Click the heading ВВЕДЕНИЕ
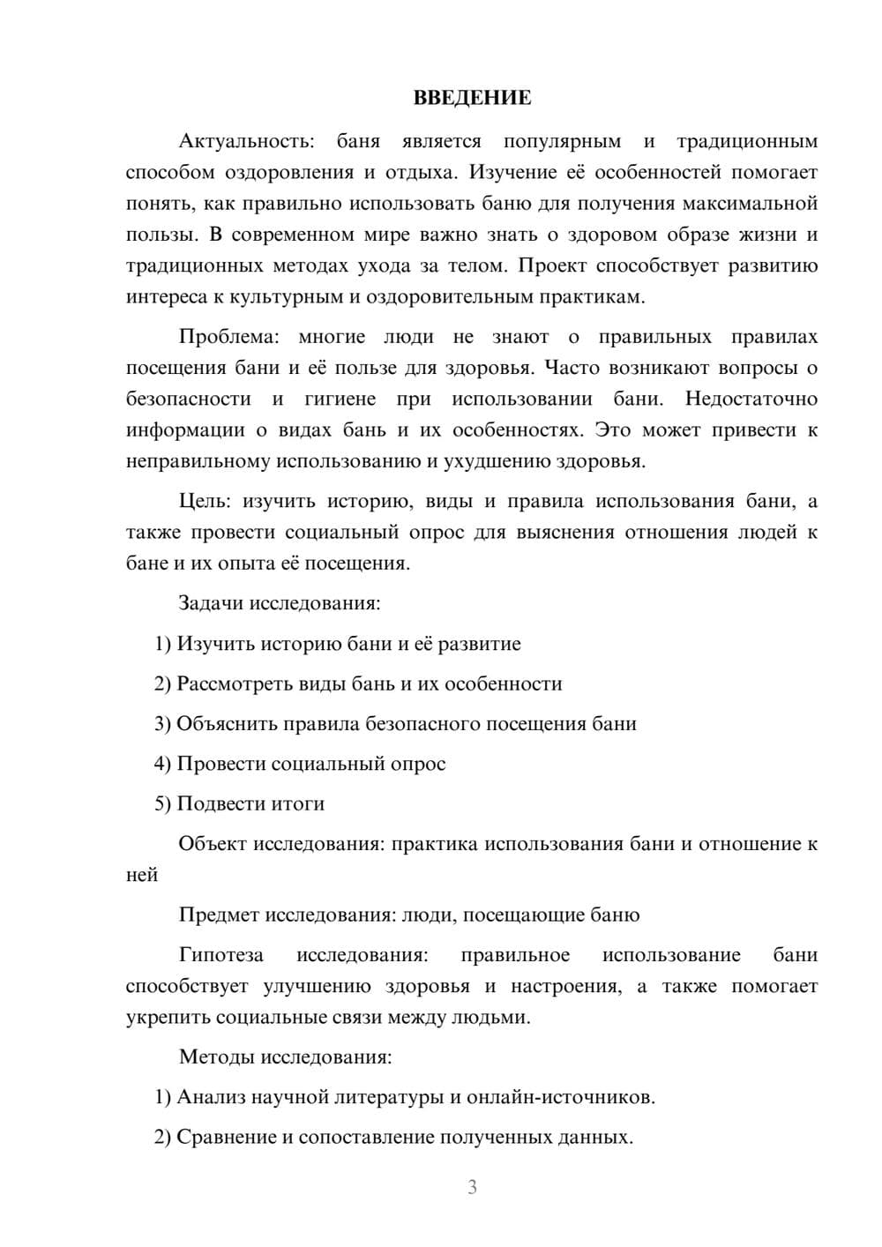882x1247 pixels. pyautogui.click(x=472, y=98)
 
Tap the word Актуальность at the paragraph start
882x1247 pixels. pyautogui.click(x=234, y=141)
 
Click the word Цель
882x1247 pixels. pyautogui.click(x=205, y=502)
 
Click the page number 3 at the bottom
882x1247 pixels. pyautogui.click(x=472, y=1187)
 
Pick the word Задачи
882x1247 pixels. pyautogui.click(x=212, y=604)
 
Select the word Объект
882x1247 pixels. pyautogui.click(x=213, y=844)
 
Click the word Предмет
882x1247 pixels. pyautogui.click(x=220, y=915)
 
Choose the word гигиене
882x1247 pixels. pyautogui.click(x=340, y=399)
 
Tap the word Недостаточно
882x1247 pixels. pyautogui.click(x=751, y=399)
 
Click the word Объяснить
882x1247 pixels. pyautogui.click(x=227, y=724)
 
